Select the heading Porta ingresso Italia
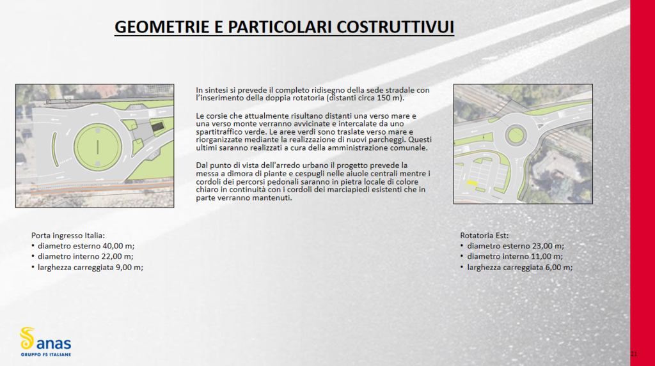click(x=68, y=235)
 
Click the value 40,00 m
click(x=113, y=246)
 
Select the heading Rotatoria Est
click(x=484, y=235)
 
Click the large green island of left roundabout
click(x=97, y=146)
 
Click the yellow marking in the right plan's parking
click(x=472, y=184)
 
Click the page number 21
click(x=634, y=354)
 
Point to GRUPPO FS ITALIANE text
click(x=46, y=355)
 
